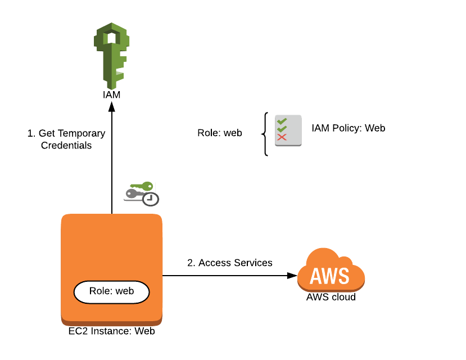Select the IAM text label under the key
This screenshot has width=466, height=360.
(x=111, y=94)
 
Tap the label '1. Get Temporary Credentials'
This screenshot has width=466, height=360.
(x=66, y=139)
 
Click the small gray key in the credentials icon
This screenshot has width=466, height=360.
(x=134, y=194)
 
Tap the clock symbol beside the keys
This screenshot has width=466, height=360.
(x=151, y=199)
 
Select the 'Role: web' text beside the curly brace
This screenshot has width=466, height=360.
(x=219, y=133)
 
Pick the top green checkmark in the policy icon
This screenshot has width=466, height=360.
(x=282, y=121)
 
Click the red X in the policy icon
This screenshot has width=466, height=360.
(x=282, y=137)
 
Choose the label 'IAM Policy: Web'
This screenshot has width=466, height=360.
(x=348, y=128)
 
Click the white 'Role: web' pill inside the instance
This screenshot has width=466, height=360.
(x=111, y=291)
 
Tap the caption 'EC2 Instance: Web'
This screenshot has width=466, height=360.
(x=111, y=331)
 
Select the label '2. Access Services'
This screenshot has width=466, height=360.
(x=229, y=263)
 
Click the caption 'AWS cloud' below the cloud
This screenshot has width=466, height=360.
(x=331, y=297)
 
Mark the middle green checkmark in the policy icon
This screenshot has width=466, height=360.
(x=282, y=129)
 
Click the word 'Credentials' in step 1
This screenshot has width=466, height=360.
(x=66, y=145)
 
